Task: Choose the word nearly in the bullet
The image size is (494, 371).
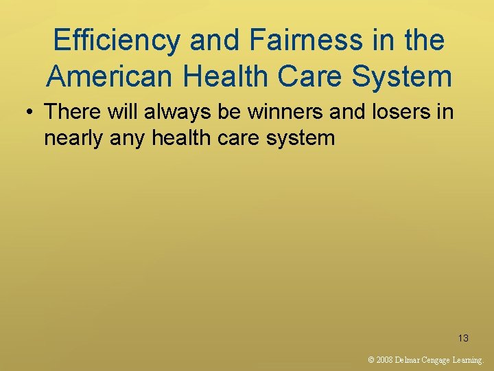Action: coord(74,138)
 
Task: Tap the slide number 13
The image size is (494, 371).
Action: coord(463,338)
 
